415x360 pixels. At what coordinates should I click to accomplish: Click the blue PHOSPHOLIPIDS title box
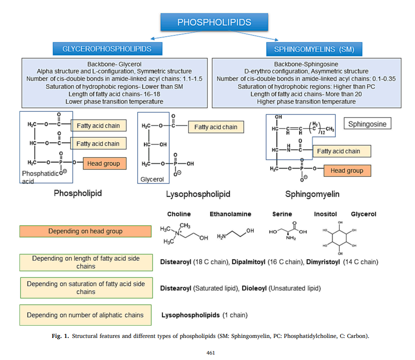214,23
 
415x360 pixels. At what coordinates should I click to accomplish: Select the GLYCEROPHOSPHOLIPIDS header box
107,49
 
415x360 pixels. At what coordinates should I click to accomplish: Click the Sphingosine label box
367,124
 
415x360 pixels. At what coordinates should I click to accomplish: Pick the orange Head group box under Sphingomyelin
347,171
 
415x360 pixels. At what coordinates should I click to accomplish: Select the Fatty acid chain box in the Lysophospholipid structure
216,127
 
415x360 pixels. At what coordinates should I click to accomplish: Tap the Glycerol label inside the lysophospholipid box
152,179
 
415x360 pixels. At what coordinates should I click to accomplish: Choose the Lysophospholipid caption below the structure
198,194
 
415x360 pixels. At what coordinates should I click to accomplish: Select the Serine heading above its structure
282,214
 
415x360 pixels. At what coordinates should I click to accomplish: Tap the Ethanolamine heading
230,214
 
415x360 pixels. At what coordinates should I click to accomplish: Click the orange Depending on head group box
86,231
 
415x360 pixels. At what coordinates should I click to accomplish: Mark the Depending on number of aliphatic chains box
86,315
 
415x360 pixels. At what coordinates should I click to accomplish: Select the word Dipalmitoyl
247,262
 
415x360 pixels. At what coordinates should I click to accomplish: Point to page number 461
211,352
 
